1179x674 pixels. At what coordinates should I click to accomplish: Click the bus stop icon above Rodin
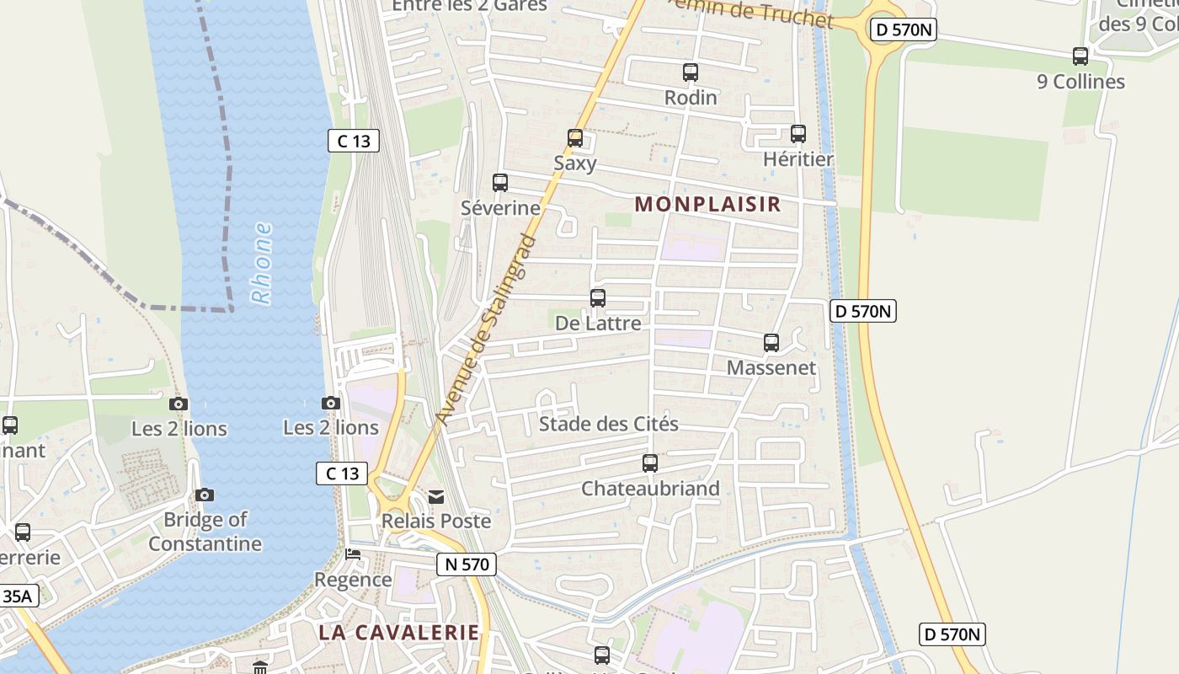pyautogui.click(x=691, y=72)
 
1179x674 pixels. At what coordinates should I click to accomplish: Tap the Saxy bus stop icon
pyautogui.click(x=575, y=137)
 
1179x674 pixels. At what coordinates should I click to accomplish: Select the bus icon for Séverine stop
pyautogui.click(x=500, y=182)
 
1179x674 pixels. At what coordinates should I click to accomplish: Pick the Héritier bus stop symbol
pyautogui.click(x=798, y=133)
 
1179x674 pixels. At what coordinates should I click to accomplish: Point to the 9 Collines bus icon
pyautogui.click(x=1080, y=56)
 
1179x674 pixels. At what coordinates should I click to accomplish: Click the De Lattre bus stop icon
pyautogui.click(x=598, y=297)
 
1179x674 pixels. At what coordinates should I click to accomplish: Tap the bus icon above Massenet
pyautogui.click(x=771, y=342)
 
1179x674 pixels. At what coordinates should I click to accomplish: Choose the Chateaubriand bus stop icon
pyautogui.click(x=650, y=463)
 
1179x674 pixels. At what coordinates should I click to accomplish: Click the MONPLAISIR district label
pyautogui.click(x=707, y=204)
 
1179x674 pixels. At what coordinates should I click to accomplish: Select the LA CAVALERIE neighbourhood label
pyautogui.click(x=399, y=632)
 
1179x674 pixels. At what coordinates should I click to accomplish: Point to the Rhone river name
pyautogui.click(x=262, y=263)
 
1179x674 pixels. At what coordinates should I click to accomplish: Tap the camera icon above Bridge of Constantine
pyautogui.click(x=205, y=495)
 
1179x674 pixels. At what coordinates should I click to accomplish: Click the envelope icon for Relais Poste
pyautogui.click(x=436, y=497)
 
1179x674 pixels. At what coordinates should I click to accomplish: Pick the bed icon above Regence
pyautogui.click(x=353, y=554)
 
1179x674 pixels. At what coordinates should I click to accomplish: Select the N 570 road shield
pyautogui.click(x=467, y=564)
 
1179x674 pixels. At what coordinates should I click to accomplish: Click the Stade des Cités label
pyautogui.click(x=608, y=424)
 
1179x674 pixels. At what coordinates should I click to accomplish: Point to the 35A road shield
pyautogui.click(x=17, y=596)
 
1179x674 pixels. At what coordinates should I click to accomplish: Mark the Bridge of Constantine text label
pyautogui.click(x=205, y=532)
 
